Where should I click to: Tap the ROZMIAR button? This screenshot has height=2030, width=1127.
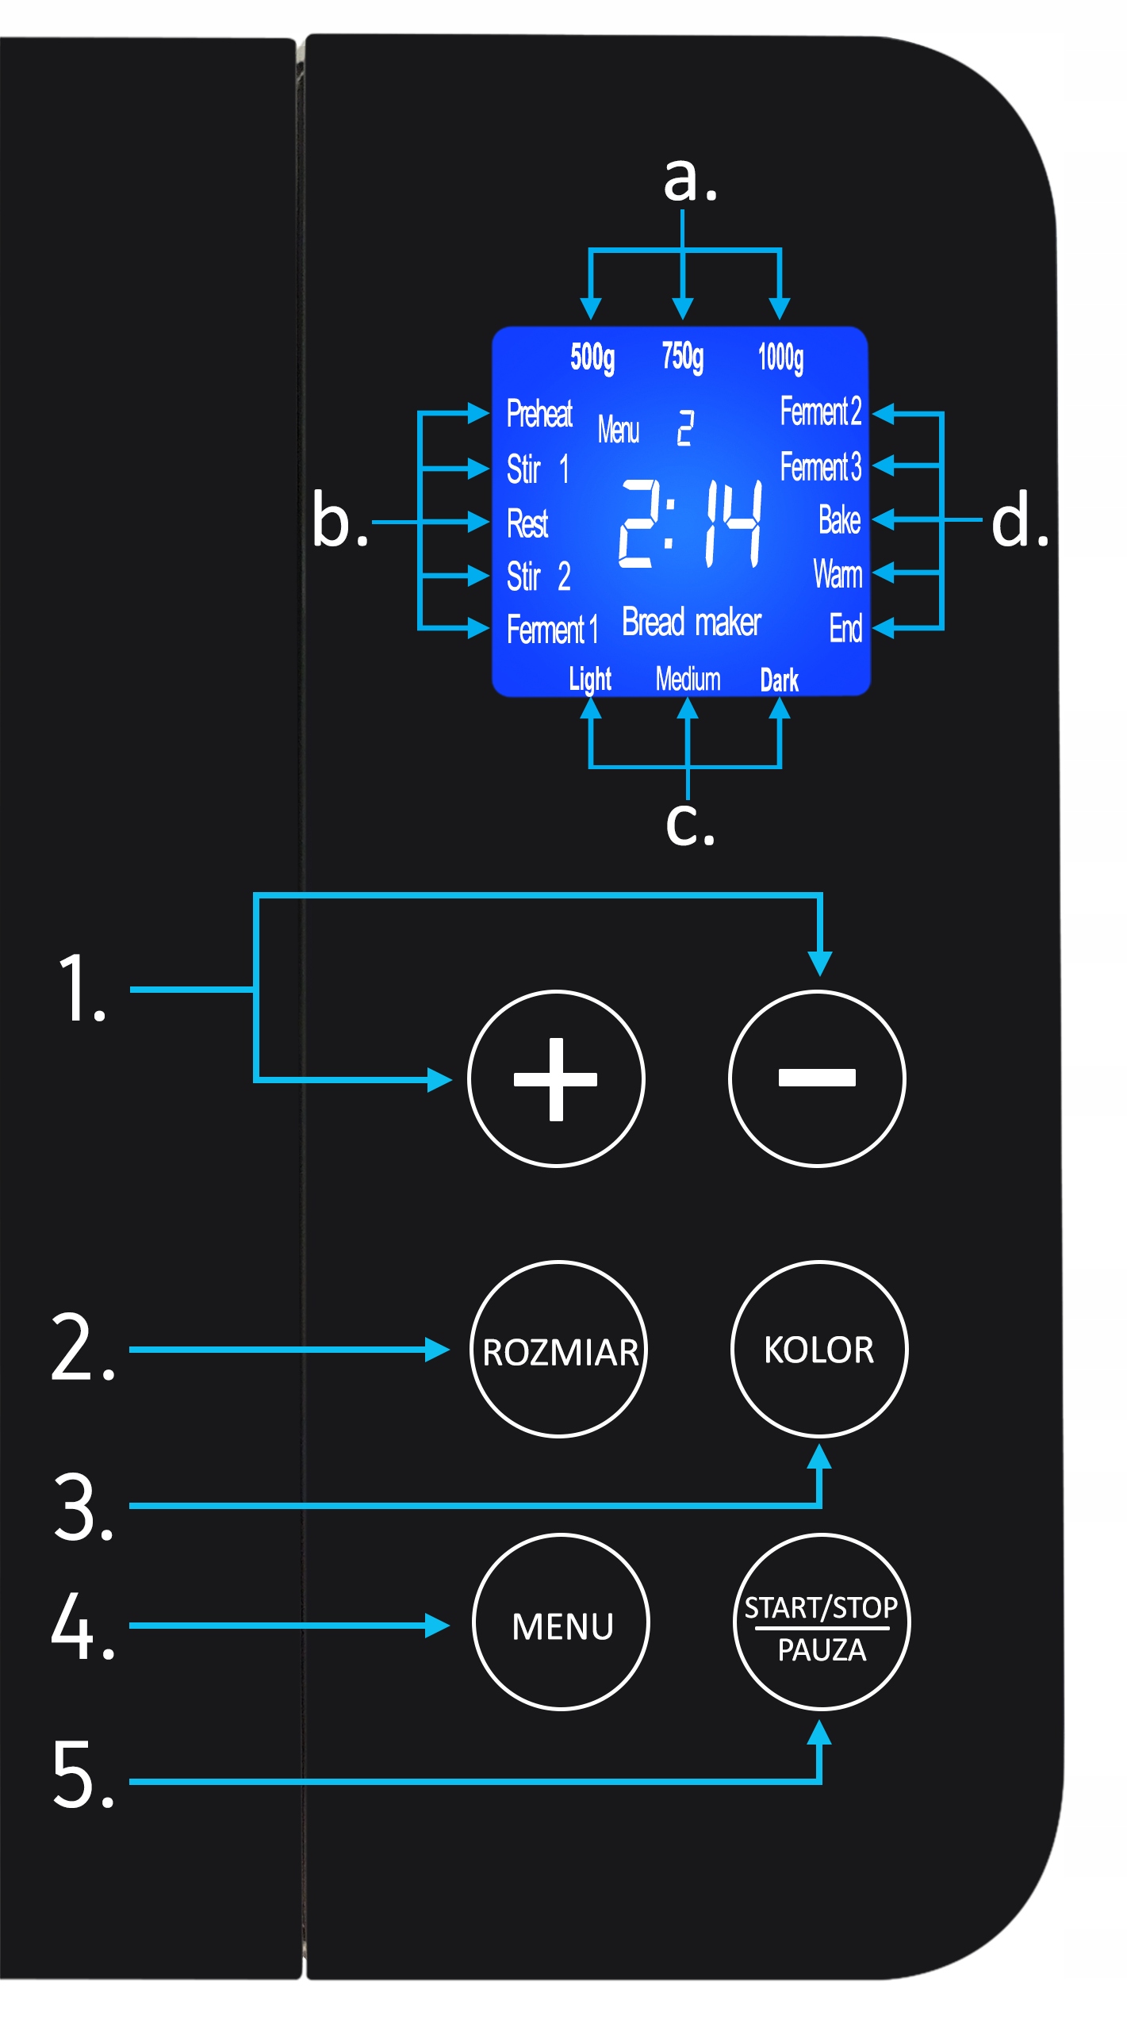(x=559, y=1349)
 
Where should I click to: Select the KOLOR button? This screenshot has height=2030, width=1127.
(x=819, y=1349)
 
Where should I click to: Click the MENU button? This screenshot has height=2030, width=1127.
(x=562, y=1622)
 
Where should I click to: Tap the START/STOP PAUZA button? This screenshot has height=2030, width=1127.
(x=822, y=1622)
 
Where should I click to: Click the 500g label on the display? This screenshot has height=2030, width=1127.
(x=592, y=358)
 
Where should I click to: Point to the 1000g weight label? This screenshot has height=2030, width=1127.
(x=781, y=358)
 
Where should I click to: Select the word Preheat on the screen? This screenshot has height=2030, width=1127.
(x=539, y=413)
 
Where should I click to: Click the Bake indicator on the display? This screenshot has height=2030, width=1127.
(x=840, y=520)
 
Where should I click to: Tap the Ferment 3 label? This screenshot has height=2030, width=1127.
(x=821, y=466)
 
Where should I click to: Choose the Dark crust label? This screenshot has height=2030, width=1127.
(x=780, y=680)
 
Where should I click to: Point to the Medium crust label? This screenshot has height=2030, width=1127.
(x=688, y=679)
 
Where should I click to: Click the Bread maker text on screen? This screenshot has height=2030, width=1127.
(x=692, y=622)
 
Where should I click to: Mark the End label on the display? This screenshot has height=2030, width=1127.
(x=845, y=628)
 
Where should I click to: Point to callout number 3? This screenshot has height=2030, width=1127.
(x=84, y=1506)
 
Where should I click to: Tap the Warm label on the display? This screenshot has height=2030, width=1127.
(x=838, y=574)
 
